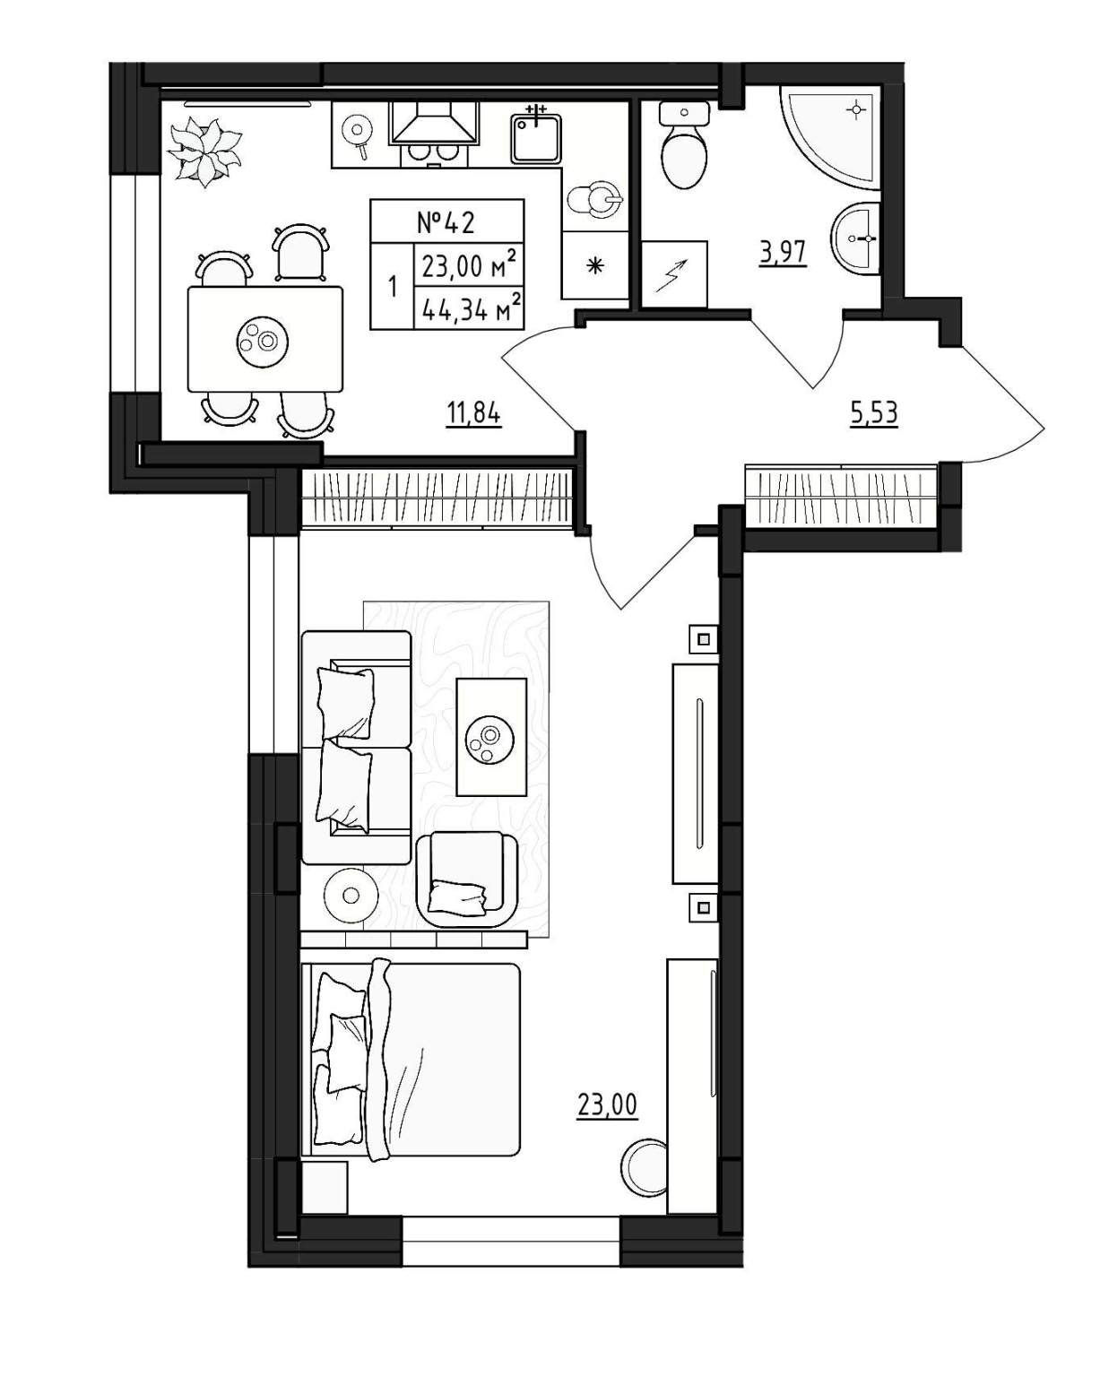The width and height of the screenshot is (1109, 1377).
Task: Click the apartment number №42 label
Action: (x=446, y=222)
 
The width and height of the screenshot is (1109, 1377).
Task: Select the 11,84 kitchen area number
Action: (x=473, y=414)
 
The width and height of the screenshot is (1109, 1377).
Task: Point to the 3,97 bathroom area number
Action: (x=782, y=252)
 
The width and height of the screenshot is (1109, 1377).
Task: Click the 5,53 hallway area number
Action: (x=873, y=413)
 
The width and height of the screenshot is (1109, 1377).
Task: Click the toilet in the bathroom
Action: (x=684, y=144)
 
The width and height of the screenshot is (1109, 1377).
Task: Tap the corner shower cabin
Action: (x=830, y=138)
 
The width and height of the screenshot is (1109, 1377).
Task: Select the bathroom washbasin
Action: (x=856, y=238)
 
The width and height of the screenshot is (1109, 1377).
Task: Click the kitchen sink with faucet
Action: (x=535, y=136)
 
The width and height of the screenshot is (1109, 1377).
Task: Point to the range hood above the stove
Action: (x=435, y=122)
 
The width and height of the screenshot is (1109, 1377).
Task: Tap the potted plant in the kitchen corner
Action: (x=204, y=152)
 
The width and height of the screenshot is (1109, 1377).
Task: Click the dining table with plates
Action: (x=265, y=339)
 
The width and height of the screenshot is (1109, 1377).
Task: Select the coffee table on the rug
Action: (x=490, y=737)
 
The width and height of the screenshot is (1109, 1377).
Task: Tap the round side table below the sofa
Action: (x=350, y=894)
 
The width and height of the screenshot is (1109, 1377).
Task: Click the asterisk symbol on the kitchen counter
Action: (x=595, y=264)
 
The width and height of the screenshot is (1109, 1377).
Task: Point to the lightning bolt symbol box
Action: (x=674, y=274)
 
